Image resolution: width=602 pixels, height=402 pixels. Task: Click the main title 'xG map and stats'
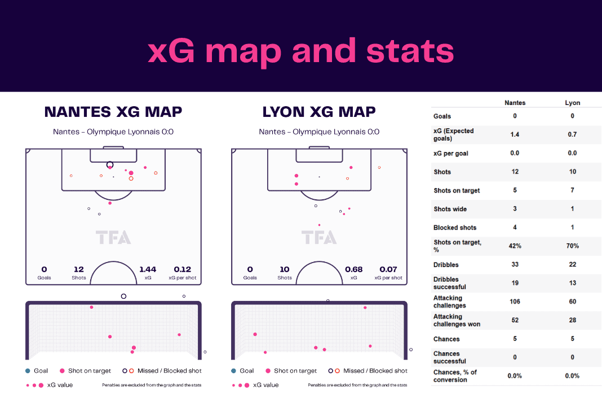[x=300, y=51]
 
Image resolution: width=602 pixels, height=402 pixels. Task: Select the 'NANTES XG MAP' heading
[x=113, y=112]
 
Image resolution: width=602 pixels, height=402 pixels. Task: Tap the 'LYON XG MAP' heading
[x=319, y=112]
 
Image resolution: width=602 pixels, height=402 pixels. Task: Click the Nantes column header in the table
[x=515, y=103]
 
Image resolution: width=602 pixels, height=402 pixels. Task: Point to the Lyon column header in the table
[x=573, y=103]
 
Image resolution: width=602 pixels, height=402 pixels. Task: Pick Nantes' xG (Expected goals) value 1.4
[x=515, y=134]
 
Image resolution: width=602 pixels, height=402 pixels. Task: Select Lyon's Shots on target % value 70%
[x=573, y=246]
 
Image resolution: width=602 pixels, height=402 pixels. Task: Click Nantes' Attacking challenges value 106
[x=515, y=301]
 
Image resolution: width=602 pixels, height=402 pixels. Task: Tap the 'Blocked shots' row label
[x=455, y=228]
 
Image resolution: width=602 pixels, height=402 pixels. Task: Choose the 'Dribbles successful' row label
[x=450, y=283]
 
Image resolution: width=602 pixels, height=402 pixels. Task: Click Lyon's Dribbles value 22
[x=573, y=264]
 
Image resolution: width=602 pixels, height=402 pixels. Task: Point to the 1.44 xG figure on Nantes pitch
[x=148, y=269]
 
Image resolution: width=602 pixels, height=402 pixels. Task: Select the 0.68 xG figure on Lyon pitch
[x=353, y=269]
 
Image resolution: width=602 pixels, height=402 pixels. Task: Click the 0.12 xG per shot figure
[x=183, y=269]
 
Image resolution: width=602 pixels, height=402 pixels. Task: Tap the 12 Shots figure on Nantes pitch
[x=79, y=269]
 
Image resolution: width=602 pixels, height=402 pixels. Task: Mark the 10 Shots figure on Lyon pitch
[x=285, y=269]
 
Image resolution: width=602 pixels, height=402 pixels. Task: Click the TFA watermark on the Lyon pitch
[x=319, y=237]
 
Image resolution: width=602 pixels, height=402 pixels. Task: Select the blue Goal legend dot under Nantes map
[x=28, y=371]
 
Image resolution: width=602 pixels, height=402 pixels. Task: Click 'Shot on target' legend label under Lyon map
[x=295, y=371]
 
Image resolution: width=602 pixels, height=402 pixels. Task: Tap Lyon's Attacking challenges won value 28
[x=573, y=320]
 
